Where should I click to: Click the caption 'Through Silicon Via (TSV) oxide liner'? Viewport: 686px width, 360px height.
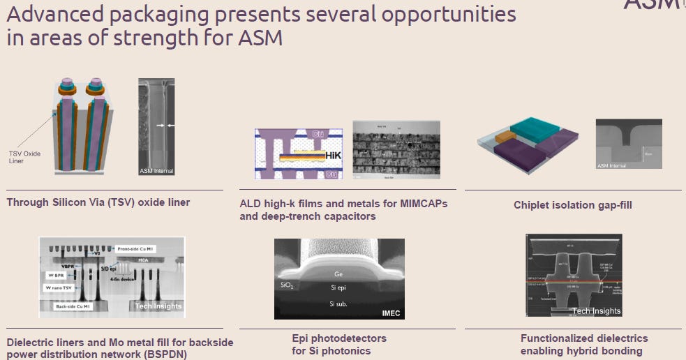point(98,202)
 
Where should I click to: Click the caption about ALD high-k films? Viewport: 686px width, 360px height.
point(343,209)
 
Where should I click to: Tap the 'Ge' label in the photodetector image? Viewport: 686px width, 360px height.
point(338,274)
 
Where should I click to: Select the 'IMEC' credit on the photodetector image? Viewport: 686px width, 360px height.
point(390,313)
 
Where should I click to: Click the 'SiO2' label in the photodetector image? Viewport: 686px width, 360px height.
point(287,285)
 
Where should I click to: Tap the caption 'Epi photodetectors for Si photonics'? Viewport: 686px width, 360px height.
point(338,344)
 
